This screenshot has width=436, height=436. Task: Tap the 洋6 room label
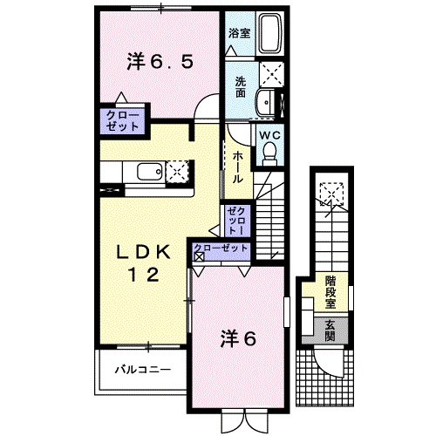tap(237, 338)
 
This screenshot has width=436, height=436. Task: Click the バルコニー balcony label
tap(141, 370)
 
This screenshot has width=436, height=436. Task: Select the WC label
tap(269, 135)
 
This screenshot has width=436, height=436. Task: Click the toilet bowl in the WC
tap(269, 155)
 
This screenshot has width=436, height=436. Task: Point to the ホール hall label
tap(237, 166)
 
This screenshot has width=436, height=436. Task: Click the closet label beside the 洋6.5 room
tap(123, 119)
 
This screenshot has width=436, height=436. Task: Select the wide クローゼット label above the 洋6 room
tap(221, 249)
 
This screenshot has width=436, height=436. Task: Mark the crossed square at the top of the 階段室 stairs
tap(330, 193)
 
